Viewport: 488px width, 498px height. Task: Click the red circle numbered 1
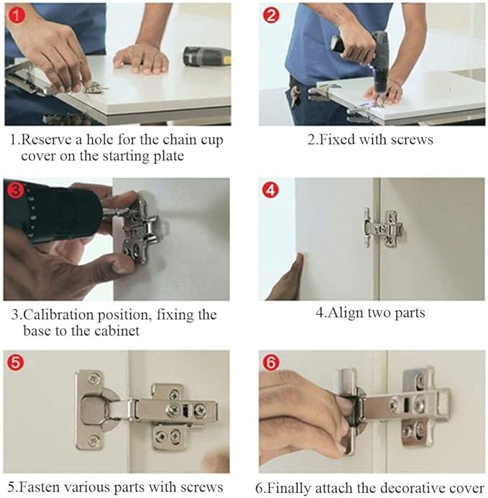[17, 15]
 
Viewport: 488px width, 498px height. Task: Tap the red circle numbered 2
[271, 15]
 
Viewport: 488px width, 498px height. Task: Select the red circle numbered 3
[15, 190]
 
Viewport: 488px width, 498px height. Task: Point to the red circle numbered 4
[270, 190]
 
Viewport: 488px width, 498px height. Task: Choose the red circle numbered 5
[16, 362]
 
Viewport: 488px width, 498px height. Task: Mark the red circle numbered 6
[271, 362]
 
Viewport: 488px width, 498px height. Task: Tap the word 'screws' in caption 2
[412, 139]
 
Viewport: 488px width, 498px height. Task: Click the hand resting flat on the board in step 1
[142, 58]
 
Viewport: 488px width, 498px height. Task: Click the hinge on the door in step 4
[384, 228]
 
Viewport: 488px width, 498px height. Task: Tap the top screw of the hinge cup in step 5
[93, 378]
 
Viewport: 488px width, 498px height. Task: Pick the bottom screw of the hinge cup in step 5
[93, 441]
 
